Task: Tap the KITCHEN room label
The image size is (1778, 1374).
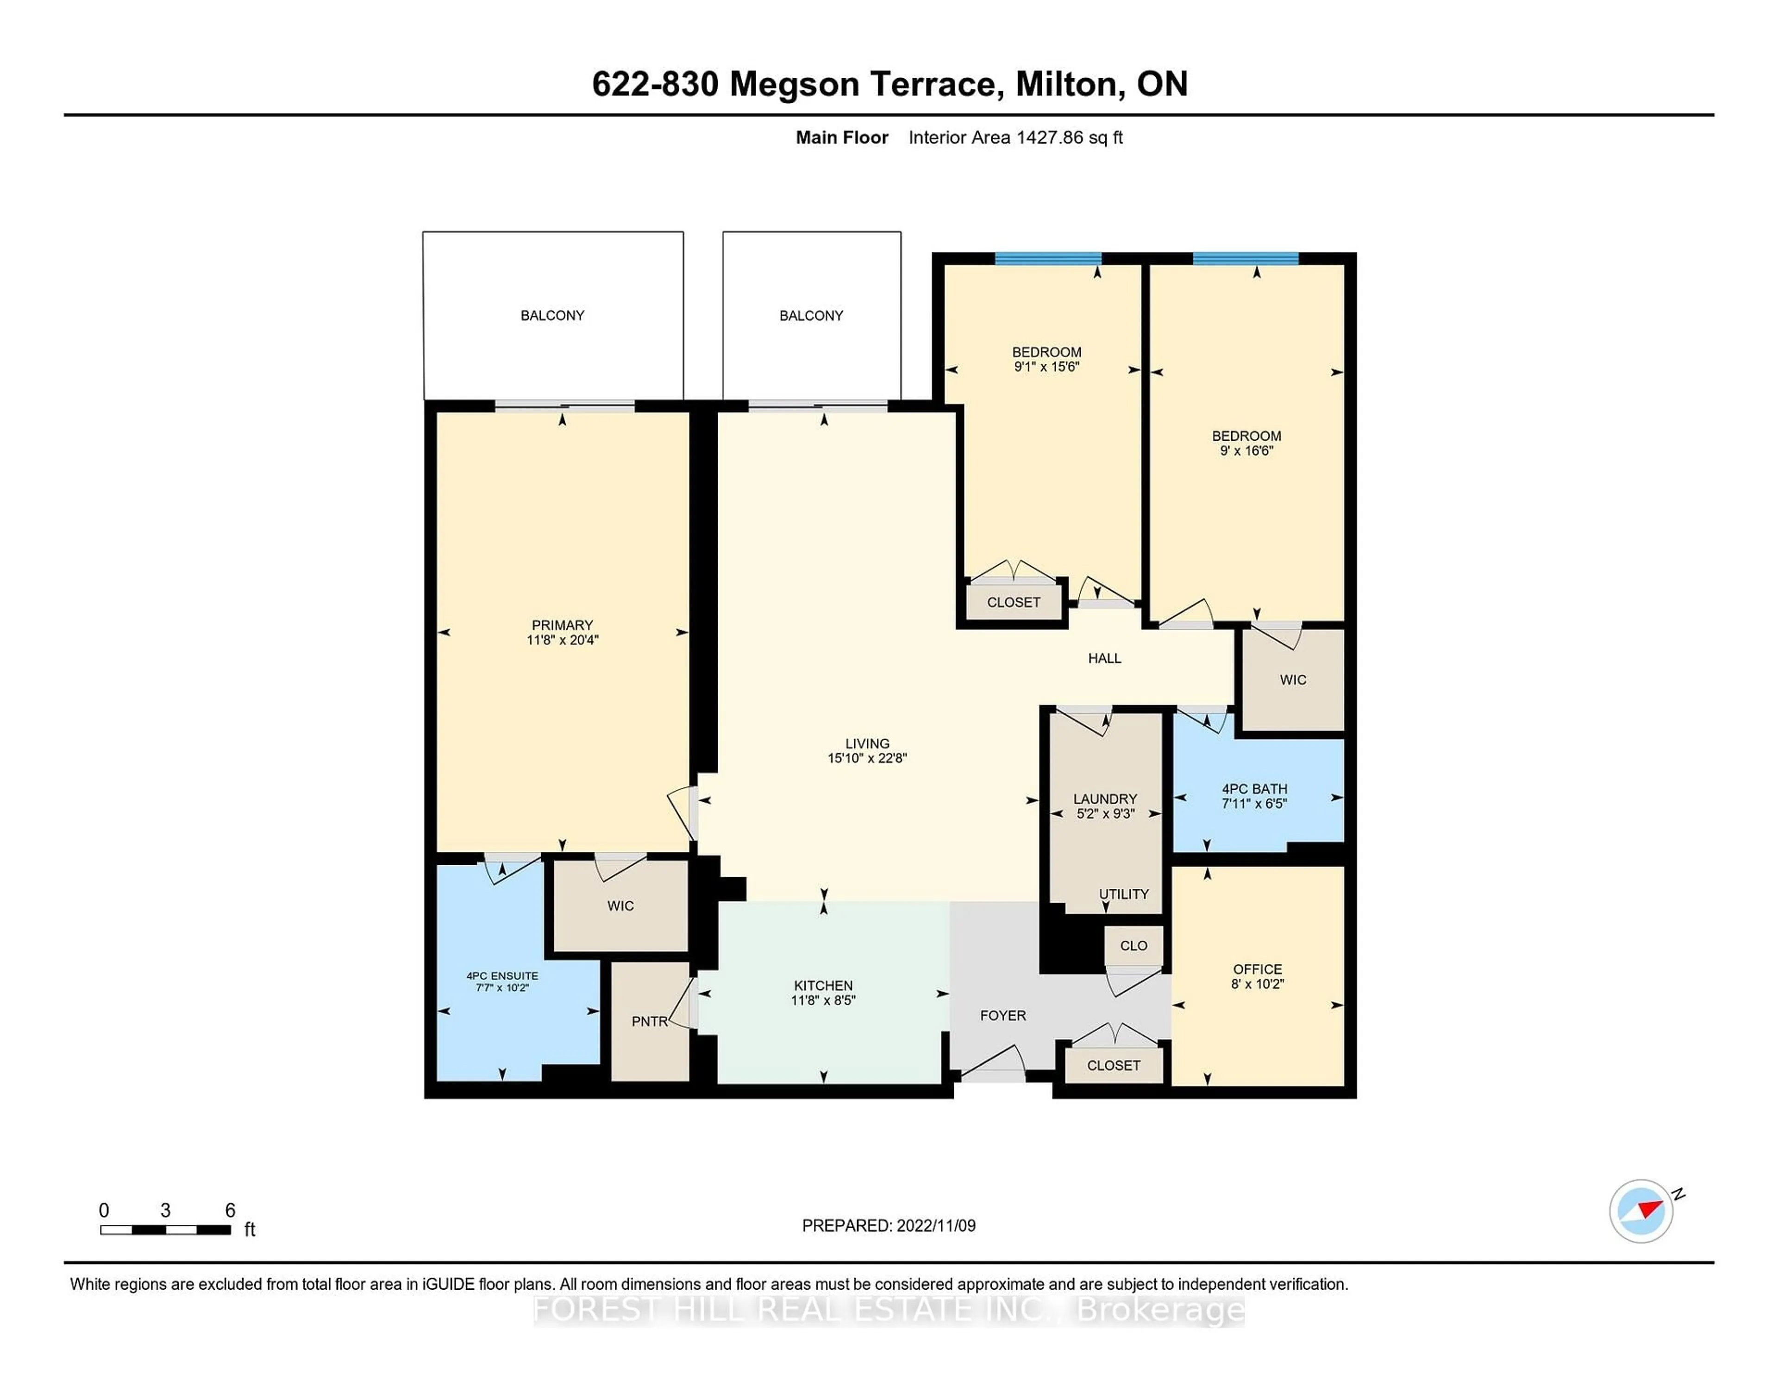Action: [x=823, y=986]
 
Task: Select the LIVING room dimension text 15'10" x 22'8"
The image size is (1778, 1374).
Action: [x=867, y=758]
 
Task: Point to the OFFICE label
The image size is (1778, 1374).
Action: [x=1257, y=969]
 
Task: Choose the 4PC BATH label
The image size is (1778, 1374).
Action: [x=1254, y=789]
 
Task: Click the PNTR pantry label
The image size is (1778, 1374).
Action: [x=649, y=1022]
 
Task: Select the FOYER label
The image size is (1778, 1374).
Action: [x=1003, y=1016]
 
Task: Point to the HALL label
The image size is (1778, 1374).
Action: [x=1105, y=658]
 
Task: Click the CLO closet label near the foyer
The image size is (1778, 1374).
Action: [x=1133, y=946]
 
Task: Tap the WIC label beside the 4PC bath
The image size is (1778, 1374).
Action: [x=1293, y=680]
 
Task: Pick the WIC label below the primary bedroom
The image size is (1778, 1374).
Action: [x=620, y=906]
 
